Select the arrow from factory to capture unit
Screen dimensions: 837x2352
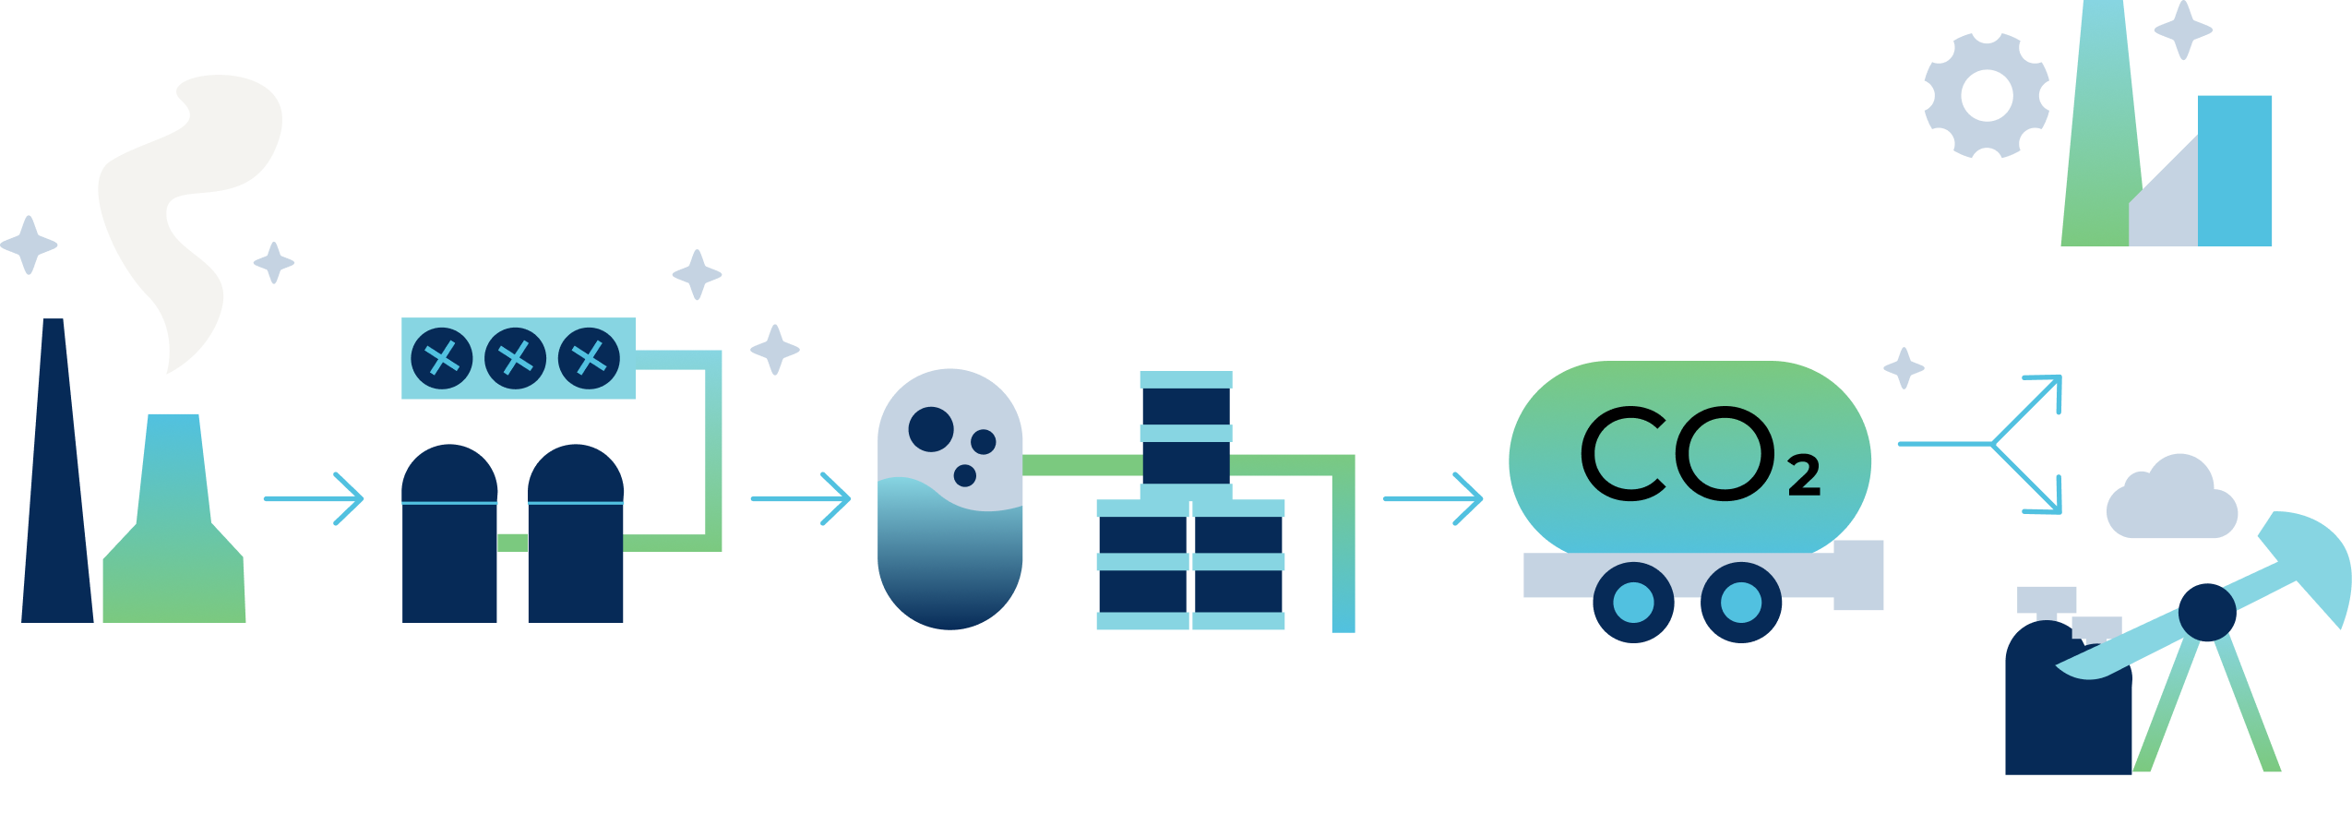(x=314, y=499)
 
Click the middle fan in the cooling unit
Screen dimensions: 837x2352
(x=516, y=357)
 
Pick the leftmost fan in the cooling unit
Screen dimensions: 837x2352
(x=442, y=357)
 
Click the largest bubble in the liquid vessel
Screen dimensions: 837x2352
(x=931, y=429)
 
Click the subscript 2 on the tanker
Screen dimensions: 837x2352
(x=1804, y=476)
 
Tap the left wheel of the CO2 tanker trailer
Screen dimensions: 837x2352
(x=1633, y=602)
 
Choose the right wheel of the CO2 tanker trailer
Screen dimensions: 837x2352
(x=1740, y=602)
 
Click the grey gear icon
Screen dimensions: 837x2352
(x=1987, y=95)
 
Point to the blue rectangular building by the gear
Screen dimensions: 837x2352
(x=2234, y=171)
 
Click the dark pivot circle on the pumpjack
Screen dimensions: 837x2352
(x=2207, y=612)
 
